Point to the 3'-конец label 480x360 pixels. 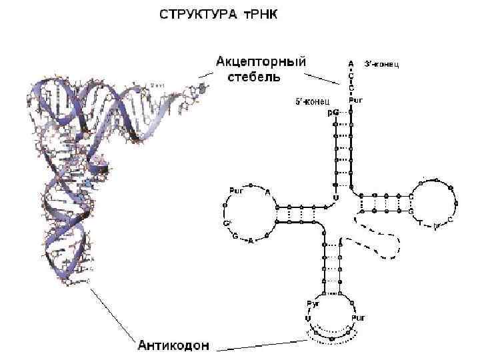pyautogui.click(x=382, y=64)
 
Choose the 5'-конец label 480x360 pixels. pyautogui.click(x=313, y=102)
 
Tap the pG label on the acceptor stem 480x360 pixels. pyautogui.click(x=333, y=113)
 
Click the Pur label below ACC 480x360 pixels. pyautogui.click(x=355, y=101)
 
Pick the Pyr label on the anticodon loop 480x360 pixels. pyautogui.click(x=312, y=304)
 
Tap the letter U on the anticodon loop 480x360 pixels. pyautogui.click(x=308, y=319)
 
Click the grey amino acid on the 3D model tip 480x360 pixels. pyautogui.click(x=201, y=89)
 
